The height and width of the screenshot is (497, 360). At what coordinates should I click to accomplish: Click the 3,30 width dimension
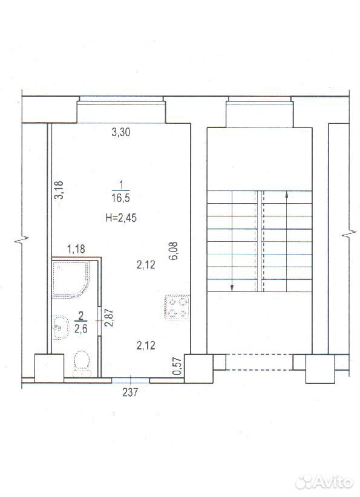[121, 132]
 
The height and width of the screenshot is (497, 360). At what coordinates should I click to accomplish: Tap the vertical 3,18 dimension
[59, 189]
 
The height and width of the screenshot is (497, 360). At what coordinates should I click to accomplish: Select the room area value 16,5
[121, 198]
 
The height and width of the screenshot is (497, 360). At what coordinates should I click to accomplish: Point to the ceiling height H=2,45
[121, 218]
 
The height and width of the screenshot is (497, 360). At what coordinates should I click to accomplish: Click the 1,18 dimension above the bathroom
[76, 249]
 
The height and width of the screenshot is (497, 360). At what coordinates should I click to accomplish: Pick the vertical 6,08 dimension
[174, 251]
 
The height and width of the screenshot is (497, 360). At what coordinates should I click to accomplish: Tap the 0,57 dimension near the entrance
[178, 366]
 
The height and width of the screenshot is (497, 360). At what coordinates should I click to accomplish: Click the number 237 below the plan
[130, 392]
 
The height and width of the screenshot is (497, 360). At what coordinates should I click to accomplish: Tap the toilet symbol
[82, 364]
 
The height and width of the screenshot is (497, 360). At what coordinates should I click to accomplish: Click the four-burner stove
[177, 307]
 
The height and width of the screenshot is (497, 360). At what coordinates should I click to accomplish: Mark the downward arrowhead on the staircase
[232, 287]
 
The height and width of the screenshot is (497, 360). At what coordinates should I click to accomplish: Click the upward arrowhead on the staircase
[287, 195]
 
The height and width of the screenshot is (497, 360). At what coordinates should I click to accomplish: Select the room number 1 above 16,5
[120, 184]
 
